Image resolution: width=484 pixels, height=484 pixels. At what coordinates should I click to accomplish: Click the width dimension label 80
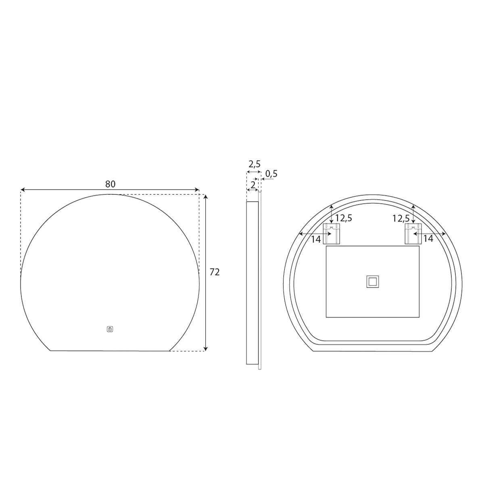110,184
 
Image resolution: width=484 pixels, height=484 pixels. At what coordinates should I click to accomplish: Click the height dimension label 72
215,272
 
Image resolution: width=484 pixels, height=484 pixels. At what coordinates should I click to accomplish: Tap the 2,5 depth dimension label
255,164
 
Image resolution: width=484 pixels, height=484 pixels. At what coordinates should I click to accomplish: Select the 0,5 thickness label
271,173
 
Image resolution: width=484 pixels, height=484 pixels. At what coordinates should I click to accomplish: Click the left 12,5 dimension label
344,218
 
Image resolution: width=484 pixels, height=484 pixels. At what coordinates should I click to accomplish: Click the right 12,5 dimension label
401,218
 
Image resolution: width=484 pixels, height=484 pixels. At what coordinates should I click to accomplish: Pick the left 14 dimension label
316,239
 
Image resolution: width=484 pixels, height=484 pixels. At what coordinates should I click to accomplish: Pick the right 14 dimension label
428,238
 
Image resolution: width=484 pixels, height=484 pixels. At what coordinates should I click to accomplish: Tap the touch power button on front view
110,329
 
